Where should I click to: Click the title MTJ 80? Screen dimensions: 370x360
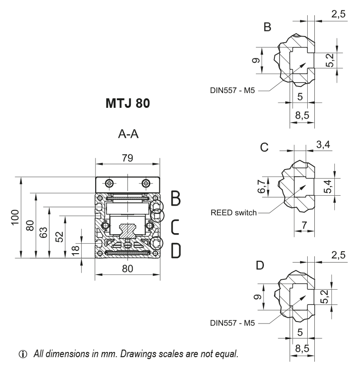click(x=127, y=104)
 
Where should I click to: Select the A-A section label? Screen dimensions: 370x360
click(x=128, y=134)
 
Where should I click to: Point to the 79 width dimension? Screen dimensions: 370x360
click(x=127, y=158)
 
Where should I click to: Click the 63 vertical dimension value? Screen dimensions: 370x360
click(x=44, y=232)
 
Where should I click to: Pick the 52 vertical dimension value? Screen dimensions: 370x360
click(x=59, y=237)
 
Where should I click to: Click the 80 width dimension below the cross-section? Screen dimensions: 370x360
click(x=127, y=268)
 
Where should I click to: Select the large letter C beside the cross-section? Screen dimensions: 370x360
click(x=175, y=227)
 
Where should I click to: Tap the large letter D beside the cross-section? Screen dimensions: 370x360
click(x=175, y=250)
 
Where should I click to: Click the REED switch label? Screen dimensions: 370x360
click(x=233, y=212)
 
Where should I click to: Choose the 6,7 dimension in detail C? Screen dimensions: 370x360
click(x=261, y=187)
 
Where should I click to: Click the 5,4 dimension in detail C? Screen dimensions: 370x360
click(x=329, y=187)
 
